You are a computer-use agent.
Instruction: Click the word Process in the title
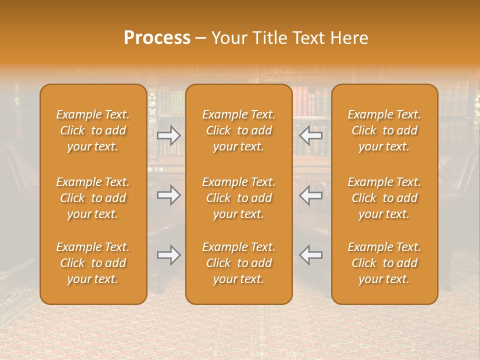pos(157,37)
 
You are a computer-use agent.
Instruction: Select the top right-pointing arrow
pos(168,135)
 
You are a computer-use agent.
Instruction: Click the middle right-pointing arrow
pos(168,195)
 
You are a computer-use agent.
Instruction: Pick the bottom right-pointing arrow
pos(168,255)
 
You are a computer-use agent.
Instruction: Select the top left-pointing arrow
pos(311,135)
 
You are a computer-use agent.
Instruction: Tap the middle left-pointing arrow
pos(311,195)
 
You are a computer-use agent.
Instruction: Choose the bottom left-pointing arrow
pos(311,255)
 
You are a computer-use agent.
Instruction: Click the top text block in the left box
pos(93,130)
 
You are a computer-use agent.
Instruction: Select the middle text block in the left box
pos(93,198)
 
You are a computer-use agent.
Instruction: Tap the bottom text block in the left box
pos(93,263)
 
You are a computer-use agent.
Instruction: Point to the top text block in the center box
pos(239,130)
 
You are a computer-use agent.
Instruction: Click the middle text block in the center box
pos(239,198)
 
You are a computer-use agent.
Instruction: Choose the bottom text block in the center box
pos(239,263)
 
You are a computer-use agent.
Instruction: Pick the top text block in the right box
pos(384,130)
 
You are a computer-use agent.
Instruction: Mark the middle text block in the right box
pos(384,198)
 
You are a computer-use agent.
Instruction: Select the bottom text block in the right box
pos(384,263)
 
